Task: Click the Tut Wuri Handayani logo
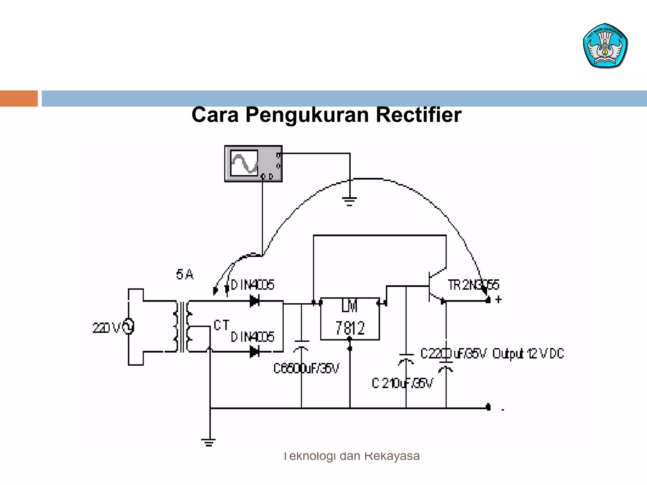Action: tap(605, 46)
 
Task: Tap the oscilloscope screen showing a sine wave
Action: tap(244, 163)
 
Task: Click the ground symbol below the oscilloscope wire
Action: tap(349, 201)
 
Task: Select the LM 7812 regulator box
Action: tap(350, 319)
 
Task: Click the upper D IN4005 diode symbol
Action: tap(255, 301)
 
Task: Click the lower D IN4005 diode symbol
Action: tap(255, 351)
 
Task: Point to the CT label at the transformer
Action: tap(221, 325)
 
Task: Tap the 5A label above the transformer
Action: tap(185, 274)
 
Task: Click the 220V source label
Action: tap(106, 328)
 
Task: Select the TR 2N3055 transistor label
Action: tap(473, 285)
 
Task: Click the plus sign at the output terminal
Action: tap(499, 299)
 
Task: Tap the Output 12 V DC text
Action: tap(528, 354)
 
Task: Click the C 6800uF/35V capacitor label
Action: tap(306, 368)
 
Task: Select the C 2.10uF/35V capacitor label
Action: tap(402, 383)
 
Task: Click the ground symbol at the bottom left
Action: tap(209, 442)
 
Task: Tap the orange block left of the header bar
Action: tap(19, 99)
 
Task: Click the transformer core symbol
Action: tap(182, 327)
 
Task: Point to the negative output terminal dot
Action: tap(488, 407)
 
